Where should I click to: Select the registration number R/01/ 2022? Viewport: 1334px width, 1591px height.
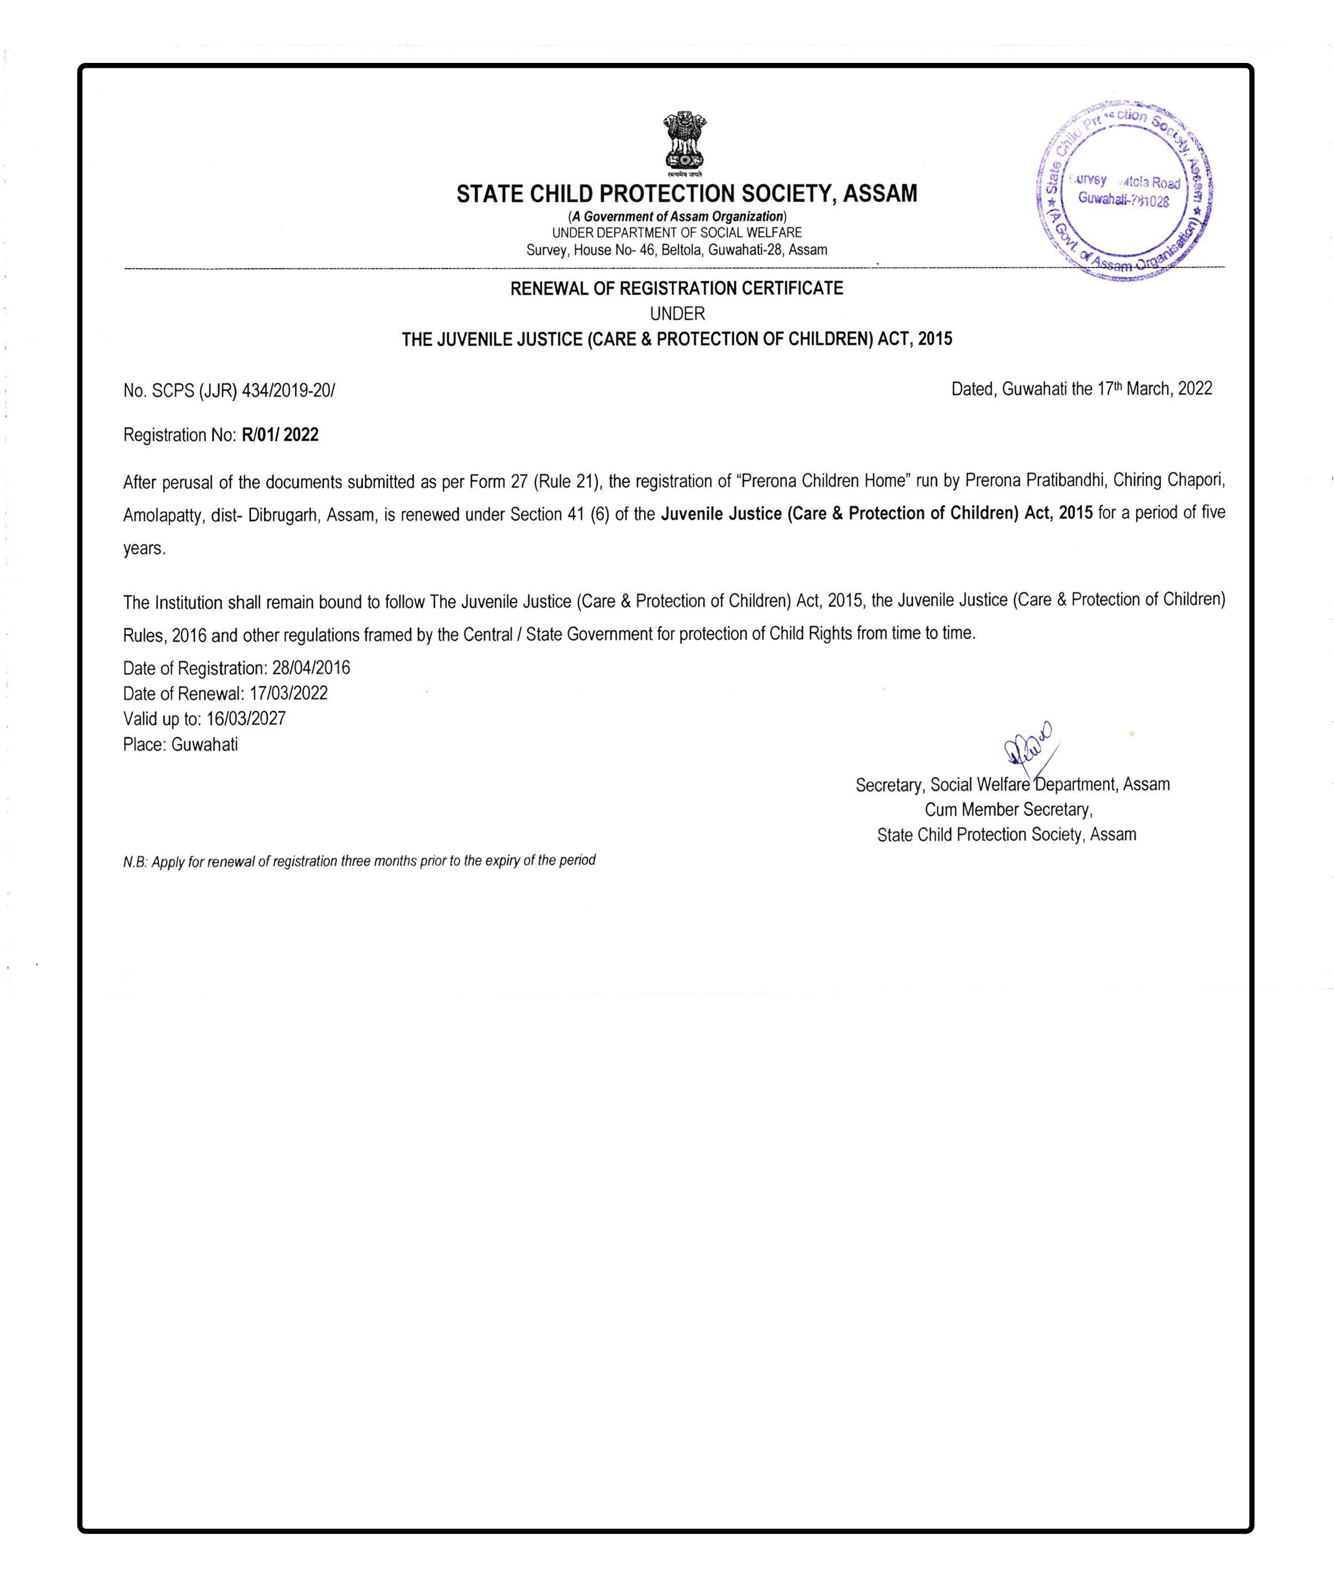[x=280, y=435]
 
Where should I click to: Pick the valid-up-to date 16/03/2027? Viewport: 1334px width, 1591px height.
[x=246, y=718]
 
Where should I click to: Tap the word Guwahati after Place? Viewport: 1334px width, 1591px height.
[x=204, y=744]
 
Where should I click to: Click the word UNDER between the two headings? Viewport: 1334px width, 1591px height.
[x=677, y=313]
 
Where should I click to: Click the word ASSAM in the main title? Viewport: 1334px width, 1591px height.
[x=880, y=194]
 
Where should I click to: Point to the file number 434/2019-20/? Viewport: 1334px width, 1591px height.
[x=288, y=390]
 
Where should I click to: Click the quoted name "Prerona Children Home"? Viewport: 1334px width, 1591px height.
[x=823, y=480]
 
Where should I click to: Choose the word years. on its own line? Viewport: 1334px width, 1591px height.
[x=144, y=548]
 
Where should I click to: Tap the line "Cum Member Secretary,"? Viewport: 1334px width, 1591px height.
[x=1008, y=809]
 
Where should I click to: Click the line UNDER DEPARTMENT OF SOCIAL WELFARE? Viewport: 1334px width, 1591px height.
[x=676, y=233]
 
